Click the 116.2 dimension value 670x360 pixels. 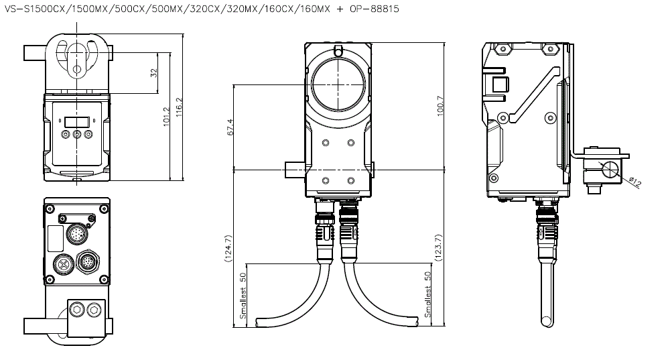coord(179,107)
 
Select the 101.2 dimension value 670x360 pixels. coord(167,117)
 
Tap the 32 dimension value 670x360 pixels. coord(154,72)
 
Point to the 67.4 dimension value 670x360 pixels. coord(230,127)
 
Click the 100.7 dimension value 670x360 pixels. coord(441,106)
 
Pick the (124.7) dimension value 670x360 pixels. coord(228,249)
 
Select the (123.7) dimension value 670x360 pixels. coord(438,247)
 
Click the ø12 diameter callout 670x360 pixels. coord(635,182)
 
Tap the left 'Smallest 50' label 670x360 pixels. coord(243,296)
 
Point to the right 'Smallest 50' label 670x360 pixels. coord(427,294)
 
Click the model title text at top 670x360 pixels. coord(201,9)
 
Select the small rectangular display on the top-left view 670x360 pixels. coord(77,121)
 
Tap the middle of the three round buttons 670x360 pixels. coord(77,135)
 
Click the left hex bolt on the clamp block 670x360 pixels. coord(78,309)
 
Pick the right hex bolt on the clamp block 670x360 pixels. coord(94,309)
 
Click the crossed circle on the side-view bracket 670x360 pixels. coord(610,170)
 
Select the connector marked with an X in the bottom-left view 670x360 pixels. coord(63,264)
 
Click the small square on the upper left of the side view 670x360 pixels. coord(500,84)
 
